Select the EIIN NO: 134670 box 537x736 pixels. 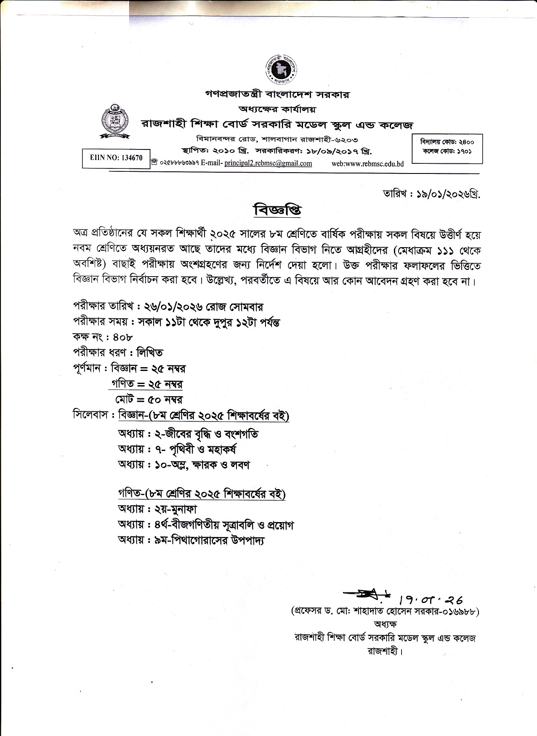tap(116, 158)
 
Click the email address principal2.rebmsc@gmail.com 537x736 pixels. tap(268, 163)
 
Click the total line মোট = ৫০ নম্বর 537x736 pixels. tap(149, 399)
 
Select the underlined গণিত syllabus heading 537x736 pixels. tap(202, 493)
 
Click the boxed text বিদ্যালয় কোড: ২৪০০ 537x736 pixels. tap(447, 142)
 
